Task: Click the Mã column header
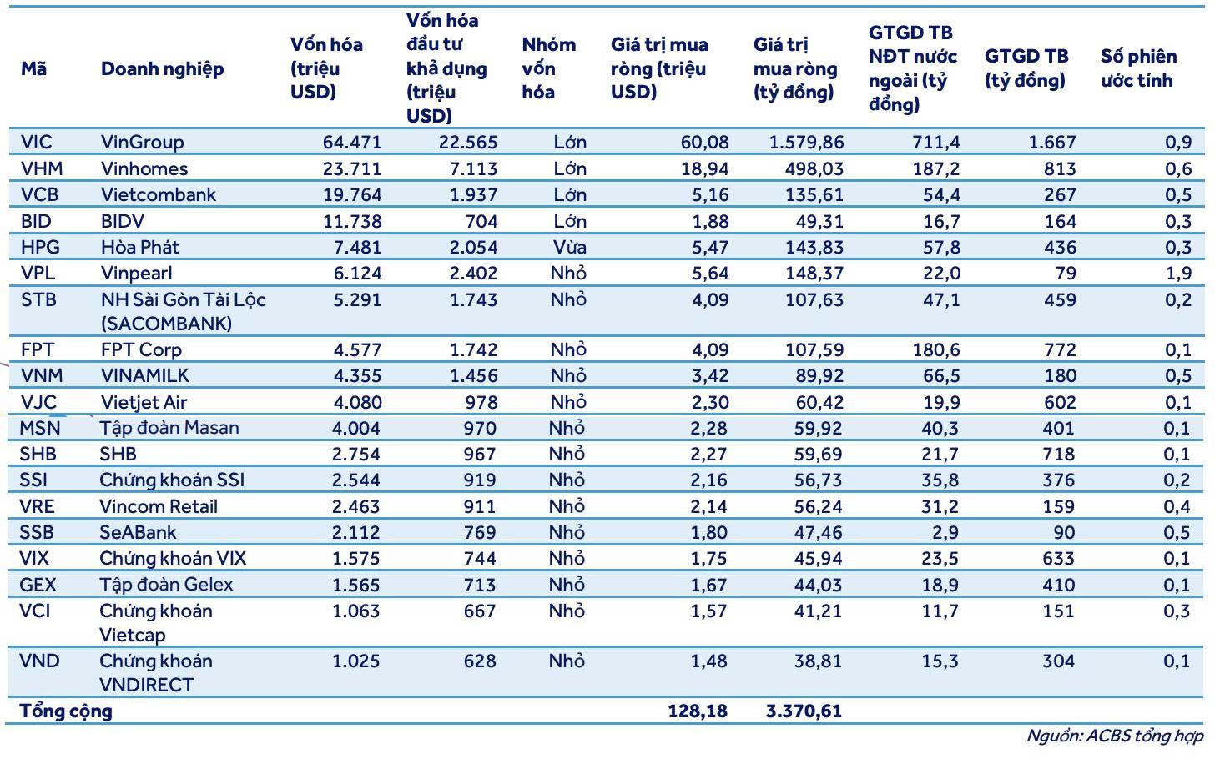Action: [x=33, y=69]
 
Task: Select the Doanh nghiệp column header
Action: [x=162, y=69]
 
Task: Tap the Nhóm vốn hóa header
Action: [x=549, y=68]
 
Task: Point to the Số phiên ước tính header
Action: [x=1138, y=68]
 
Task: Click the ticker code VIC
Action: [x=37, y=142]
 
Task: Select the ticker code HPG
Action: [x=40, y=247]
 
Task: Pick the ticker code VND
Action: [x=39, y=661]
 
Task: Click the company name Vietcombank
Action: [x=159, y=194]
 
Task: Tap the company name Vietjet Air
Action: [x=144, y=402]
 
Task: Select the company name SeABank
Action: [x=138, y=532]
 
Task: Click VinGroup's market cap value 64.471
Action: [x=352, y=142]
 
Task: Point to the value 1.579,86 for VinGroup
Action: [x=806, y=142]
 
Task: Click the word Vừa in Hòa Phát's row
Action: [x=569, y=247]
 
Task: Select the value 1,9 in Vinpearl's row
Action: [x=1178, y=274]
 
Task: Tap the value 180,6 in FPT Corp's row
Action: [x=935, y=349]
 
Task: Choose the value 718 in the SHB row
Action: [x=1058, y=454]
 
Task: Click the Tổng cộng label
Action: [x=66, y=711]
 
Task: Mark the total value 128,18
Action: [x=697, y=711]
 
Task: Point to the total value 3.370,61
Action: [x=804, y=711]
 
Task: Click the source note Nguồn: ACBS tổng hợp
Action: [x=1114, y=736]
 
